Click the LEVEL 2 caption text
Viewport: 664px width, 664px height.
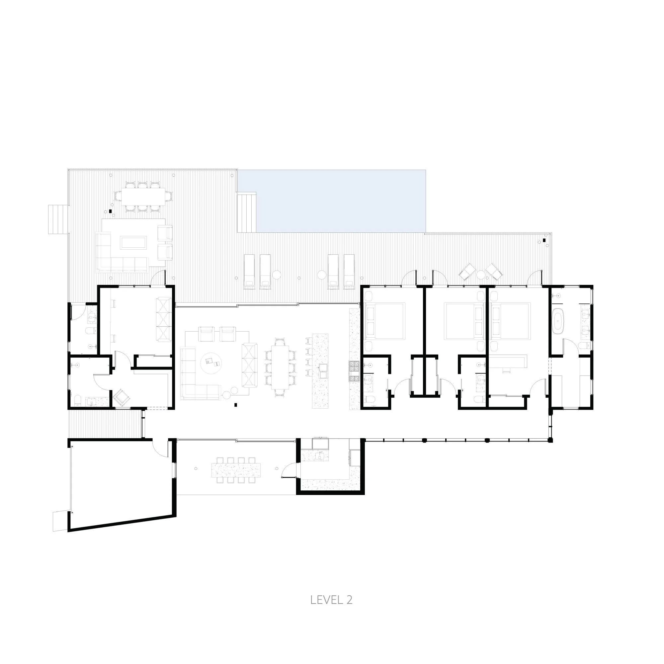coord(331,600)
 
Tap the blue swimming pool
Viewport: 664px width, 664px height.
coord(340,201)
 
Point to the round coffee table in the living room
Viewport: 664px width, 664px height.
coord(211,363)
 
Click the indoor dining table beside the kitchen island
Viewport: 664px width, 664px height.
coord(280,367)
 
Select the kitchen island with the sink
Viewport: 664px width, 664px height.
coord(320,371)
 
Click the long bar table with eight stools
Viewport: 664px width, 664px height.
coord(236,470)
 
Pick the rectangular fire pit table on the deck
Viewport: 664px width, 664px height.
coord(133,243)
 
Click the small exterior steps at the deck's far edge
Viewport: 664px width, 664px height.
coord(58,219)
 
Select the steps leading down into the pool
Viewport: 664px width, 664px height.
coord(247,212)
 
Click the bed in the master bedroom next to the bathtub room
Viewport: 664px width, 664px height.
coord(511,321)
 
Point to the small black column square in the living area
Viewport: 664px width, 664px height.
coord(236,405)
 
